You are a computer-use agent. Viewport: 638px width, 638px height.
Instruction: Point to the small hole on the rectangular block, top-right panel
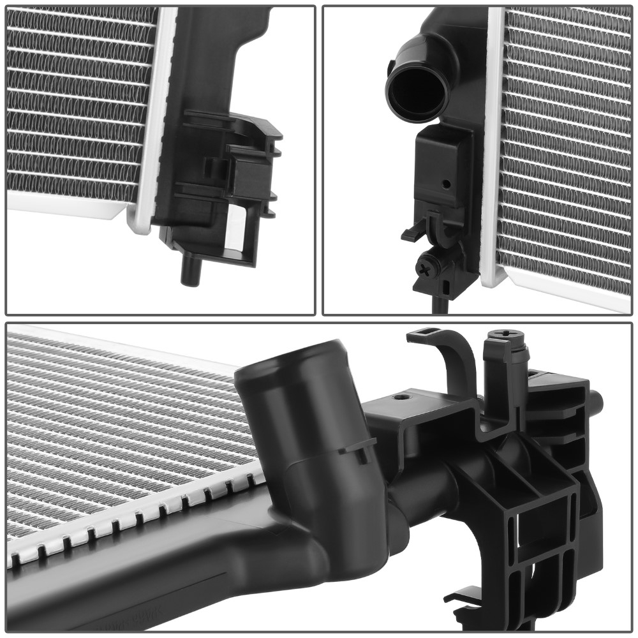coord(446,184)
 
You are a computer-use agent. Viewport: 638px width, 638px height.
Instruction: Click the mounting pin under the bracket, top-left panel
coord(189,271)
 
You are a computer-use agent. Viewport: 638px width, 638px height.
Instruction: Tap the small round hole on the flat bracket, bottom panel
coord(400,397)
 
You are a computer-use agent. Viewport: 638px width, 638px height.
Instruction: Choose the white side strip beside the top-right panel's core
coord(493,147)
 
